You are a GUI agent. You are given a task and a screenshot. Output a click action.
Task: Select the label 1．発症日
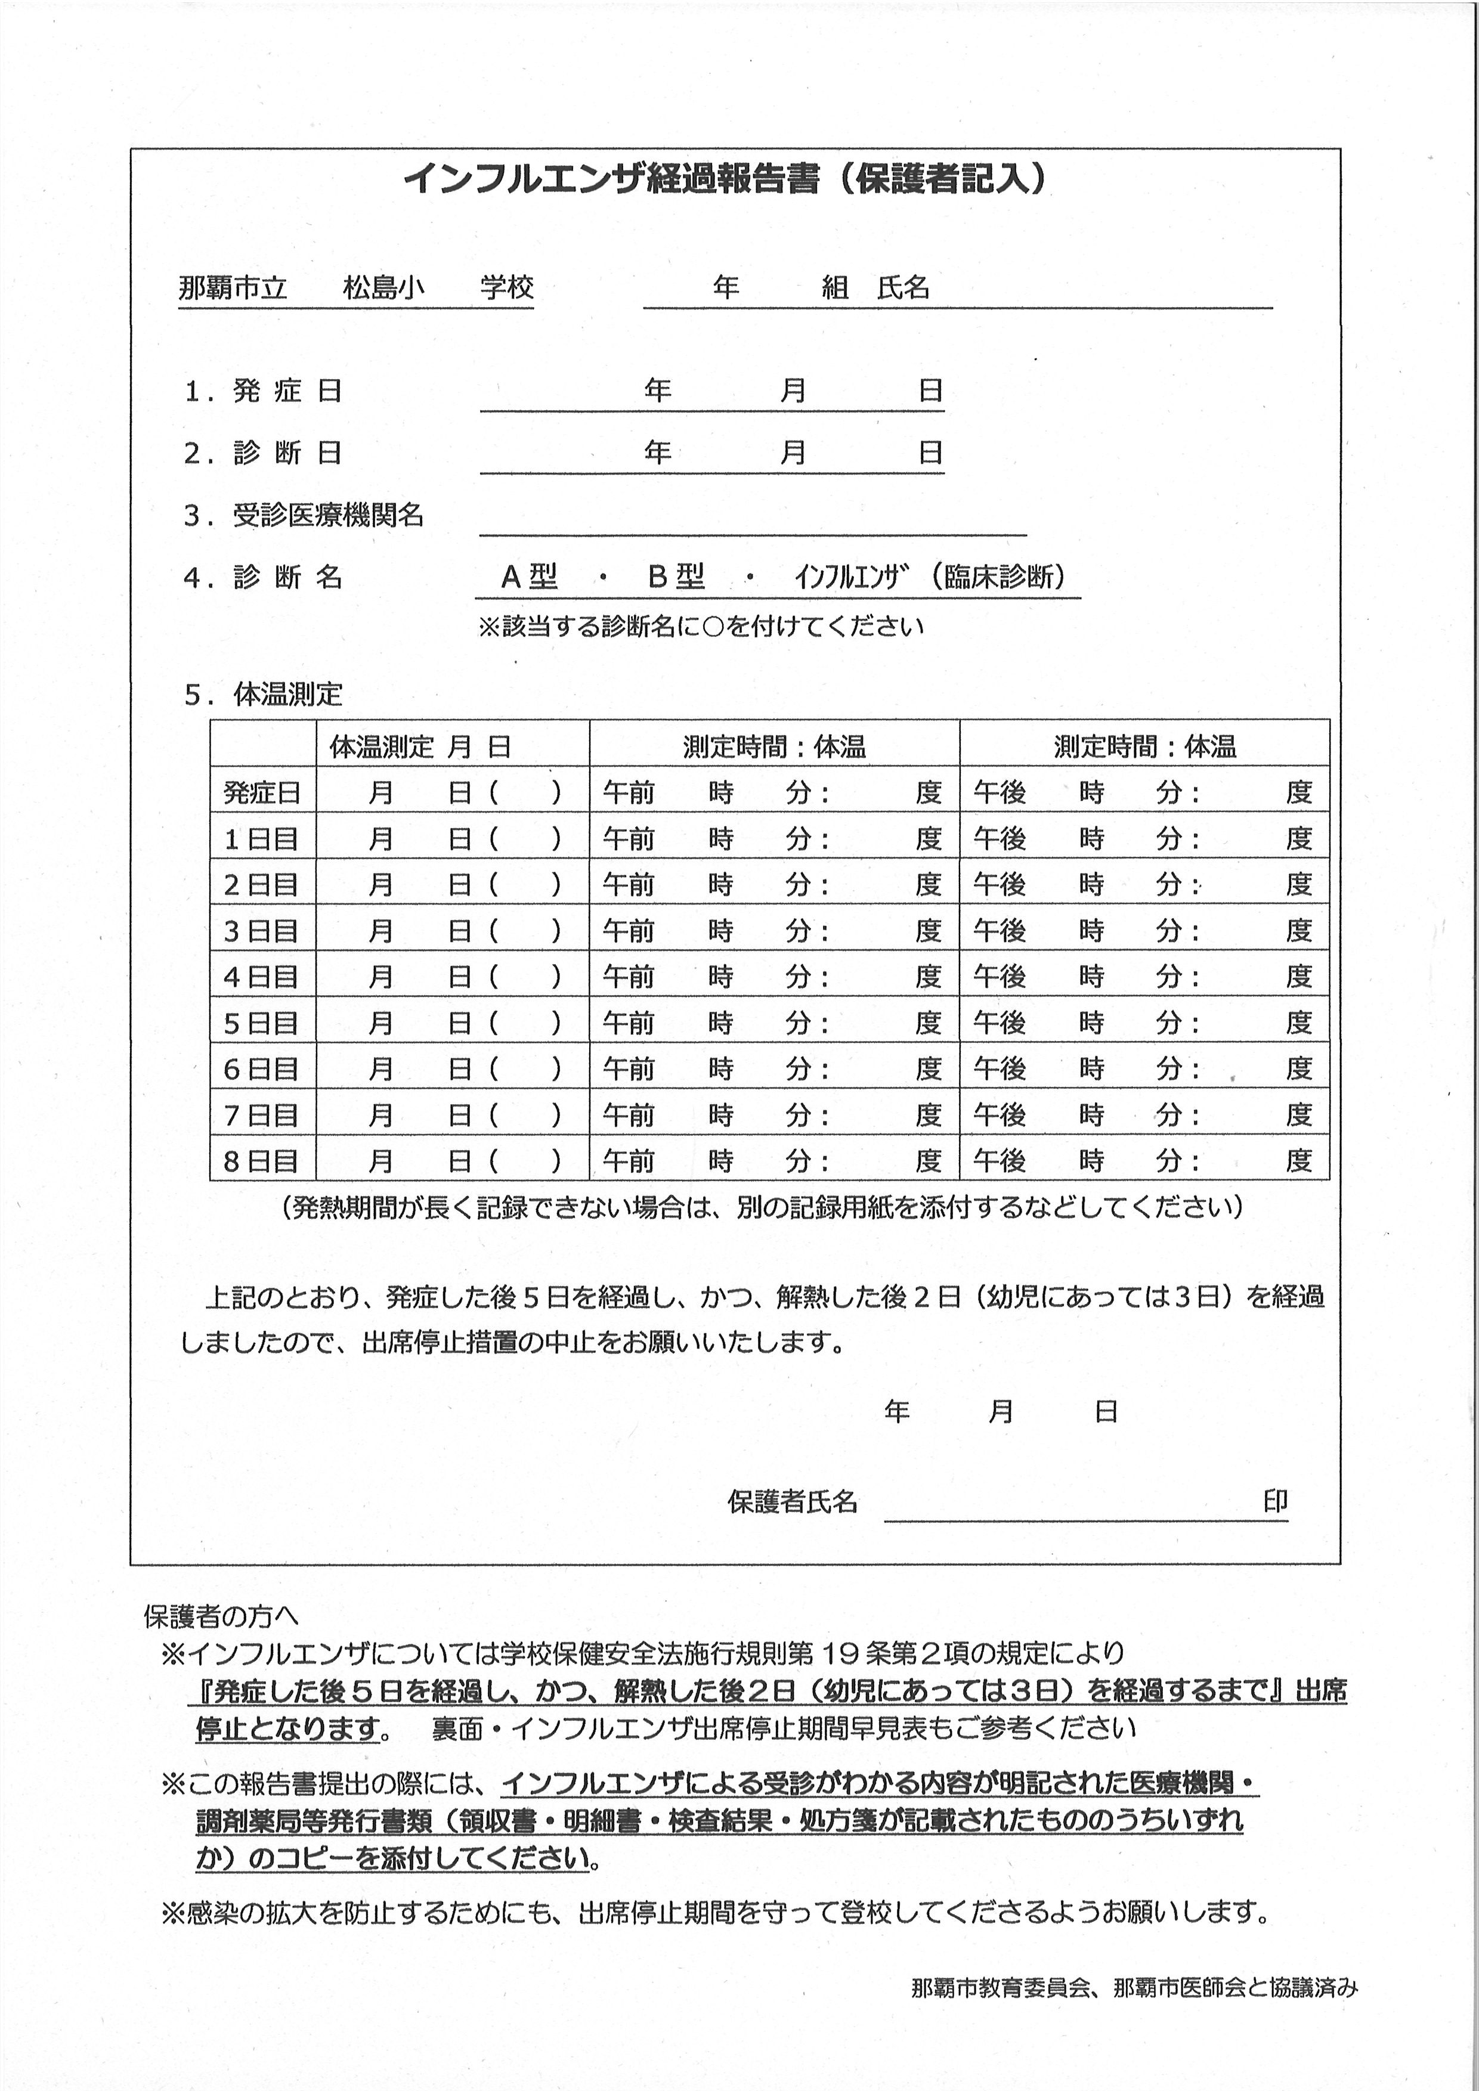click(x=264, y=391)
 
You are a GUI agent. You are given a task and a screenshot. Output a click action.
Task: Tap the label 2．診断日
click(x=264, y=453)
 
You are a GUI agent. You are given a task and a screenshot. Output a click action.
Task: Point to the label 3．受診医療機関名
click(x=304, y=516)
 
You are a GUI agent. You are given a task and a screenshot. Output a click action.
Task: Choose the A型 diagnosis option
click(x=529, y=577)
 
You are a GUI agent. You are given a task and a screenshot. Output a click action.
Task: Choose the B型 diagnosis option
click(x=676, y=577)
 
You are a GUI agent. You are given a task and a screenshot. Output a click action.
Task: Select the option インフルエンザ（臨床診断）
click(x=930, y=577)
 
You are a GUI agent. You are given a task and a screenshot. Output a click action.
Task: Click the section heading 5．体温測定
click(x=264, y=695)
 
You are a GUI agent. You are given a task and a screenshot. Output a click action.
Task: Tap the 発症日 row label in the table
click(x=262, y=793)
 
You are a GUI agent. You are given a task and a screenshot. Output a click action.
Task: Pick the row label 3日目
click(x=262, y=931)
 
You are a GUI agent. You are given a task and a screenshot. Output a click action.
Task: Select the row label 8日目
click(x=262, y=1161)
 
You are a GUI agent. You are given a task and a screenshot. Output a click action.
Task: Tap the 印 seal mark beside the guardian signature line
click(x=1275, y=1503)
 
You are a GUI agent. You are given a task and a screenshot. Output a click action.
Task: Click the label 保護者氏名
click(x=793, y=1503)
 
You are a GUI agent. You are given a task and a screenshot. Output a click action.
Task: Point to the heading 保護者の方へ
click(x=221, y=1616)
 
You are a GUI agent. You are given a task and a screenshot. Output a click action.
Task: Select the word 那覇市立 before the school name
click(x=233, y=288)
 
